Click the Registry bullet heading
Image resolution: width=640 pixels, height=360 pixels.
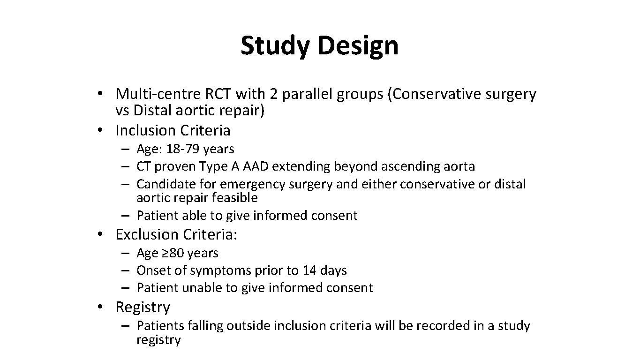pos(143,307)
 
